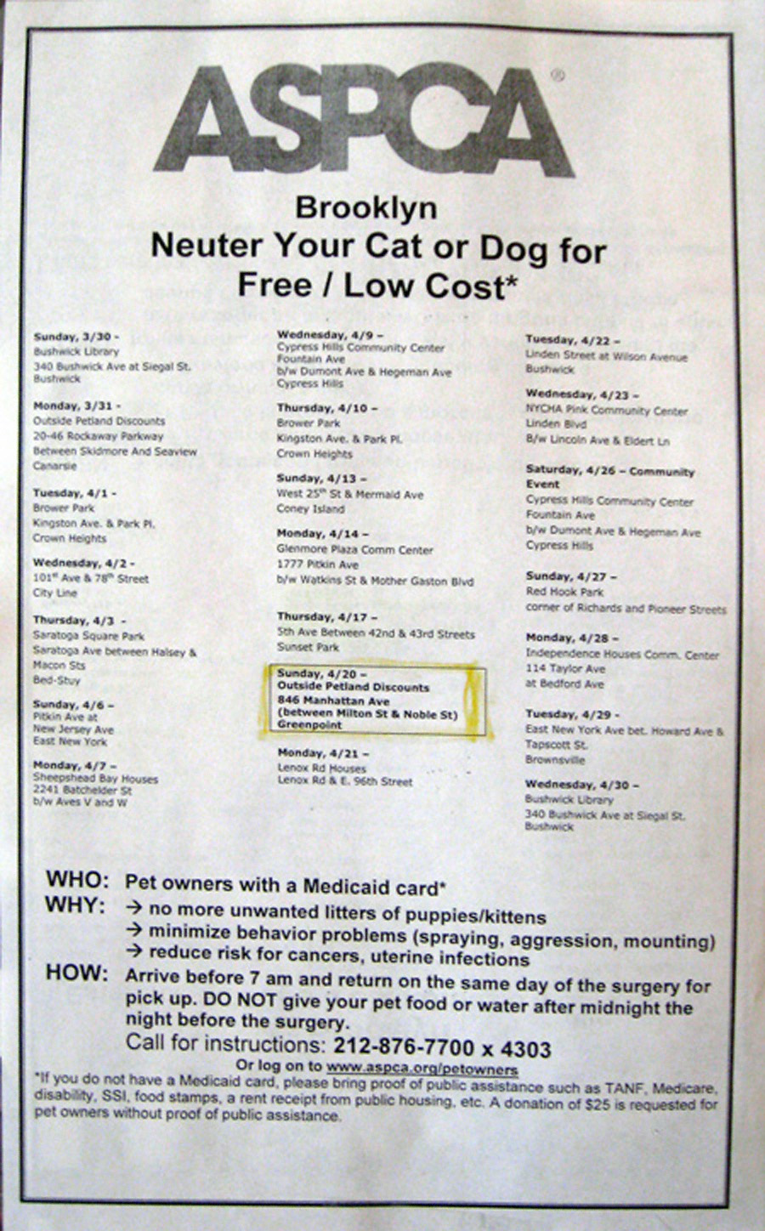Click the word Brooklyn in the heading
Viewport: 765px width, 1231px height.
366,209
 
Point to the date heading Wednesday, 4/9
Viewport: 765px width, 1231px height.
331,334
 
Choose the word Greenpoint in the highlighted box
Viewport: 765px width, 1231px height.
309,725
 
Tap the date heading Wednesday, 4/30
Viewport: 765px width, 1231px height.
582,785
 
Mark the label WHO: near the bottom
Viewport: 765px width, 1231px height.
77,879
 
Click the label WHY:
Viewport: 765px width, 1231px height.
76,905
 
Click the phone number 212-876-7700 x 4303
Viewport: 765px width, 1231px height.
442,1048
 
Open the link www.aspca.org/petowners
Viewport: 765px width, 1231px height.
422,1068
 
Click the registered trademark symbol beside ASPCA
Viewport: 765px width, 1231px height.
557,76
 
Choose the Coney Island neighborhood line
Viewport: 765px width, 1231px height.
311,509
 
